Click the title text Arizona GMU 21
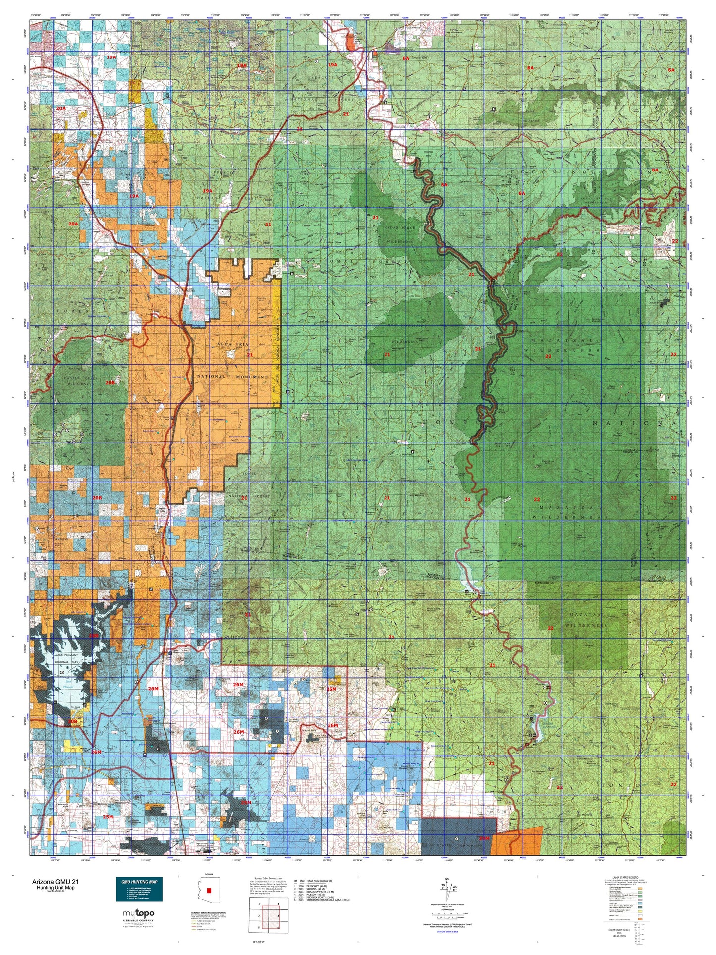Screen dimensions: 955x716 click(x=55, y=882)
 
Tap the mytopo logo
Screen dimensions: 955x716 click(x=138, y=913)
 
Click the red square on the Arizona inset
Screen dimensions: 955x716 click(x=209, y=890)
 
